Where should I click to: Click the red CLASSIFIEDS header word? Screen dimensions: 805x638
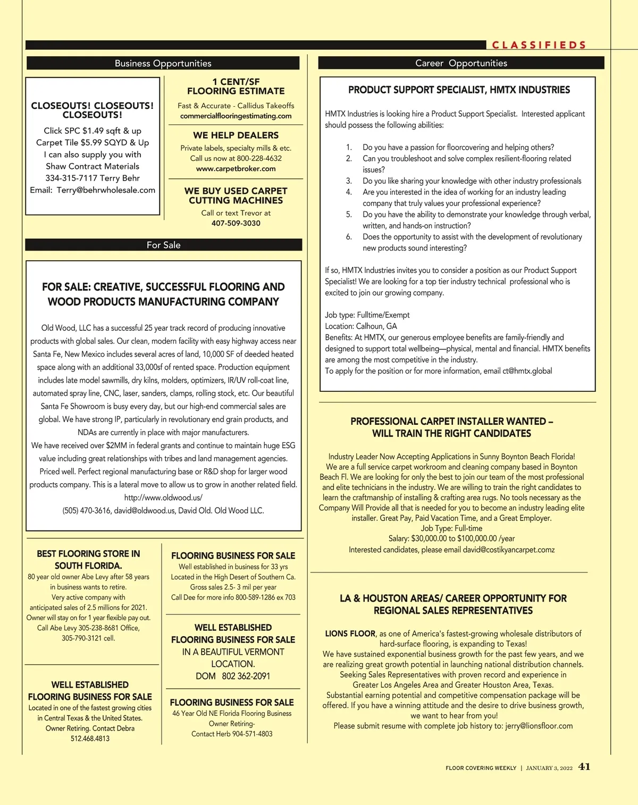(539, 45)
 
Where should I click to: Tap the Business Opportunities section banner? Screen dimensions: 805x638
(163, 63)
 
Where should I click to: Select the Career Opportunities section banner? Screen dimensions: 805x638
(461, 63)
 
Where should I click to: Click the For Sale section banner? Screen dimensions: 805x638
(163, 245)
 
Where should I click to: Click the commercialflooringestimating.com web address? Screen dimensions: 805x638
(236, 116)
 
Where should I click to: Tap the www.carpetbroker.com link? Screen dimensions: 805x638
(236, 169)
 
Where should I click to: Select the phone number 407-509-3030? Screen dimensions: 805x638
(236, 224)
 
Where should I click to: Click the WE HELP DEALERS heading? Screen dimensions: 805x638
(236, 135)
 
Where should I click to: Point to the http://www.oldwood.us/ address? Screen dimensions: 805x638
(163, 498)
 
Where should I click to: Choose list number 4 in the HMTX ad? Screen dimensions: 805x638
(349, 192)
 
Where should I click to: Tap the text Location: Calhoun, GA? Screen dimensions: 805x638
(361, 326)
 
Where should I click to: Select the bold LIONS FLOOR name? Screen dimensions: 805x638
(350, 633)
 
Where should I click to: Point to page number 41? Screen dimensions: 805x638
(584, 767)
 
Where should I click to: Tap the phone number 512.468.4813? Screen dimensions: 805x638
(90, 738)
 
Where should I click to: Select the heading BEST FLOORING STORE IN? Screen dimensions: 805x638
(88, 553)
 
